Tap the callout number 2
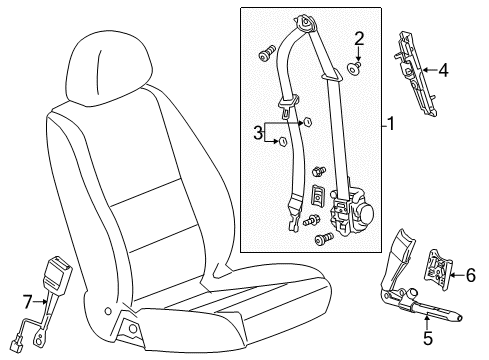pos(357,39)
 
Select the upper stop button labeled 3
pos(308,122)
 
